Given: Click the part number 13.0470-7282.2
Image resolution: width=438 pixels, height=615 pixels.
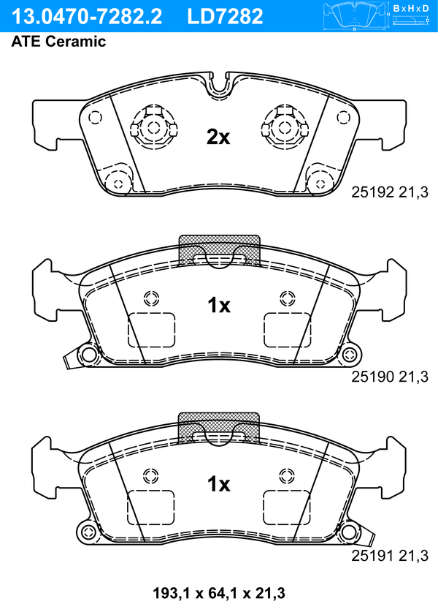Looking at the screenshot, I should coord(85,16).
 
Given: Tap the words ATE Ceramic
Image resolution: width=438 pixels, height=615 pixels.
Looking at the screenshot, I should coord(58,42).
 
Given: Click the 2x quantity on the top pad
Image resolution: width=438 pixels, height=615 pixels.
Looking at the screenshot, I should coord(218,136).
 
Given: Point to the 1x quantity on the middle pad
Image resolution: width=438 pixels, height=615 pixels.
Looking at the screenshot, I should coord(218,306).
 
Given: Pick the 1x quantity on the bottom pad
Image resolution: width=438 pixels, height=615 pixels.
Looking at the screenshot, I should coord(218,484).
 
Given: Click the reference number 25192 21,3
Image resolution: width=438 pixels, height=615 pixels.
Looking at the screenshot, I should coord(390,192).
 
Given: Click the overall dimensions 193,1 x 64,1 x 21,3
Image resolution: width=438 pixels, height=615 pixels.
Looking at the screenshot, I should coord(218,592).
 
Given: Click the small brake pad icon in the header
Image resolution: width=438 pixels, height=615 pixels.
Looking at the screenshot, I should coord(356,15).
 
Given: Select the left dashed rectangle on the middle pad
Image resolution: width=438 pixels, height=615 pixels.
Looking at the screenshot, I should coord(152,330).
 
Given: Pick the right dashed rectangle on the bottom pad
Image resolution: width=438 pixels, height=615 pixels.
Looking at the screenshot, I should coord(287,508).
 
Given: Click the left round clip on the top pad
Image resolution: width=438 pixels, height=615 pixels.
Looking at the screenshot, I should coord(153,127).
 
